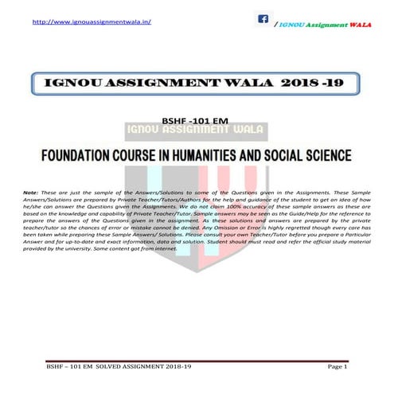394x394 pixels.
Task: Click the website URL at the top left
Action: pos(92,22)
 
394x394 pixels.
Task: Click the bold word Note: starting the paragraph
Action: pos(31,193)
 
